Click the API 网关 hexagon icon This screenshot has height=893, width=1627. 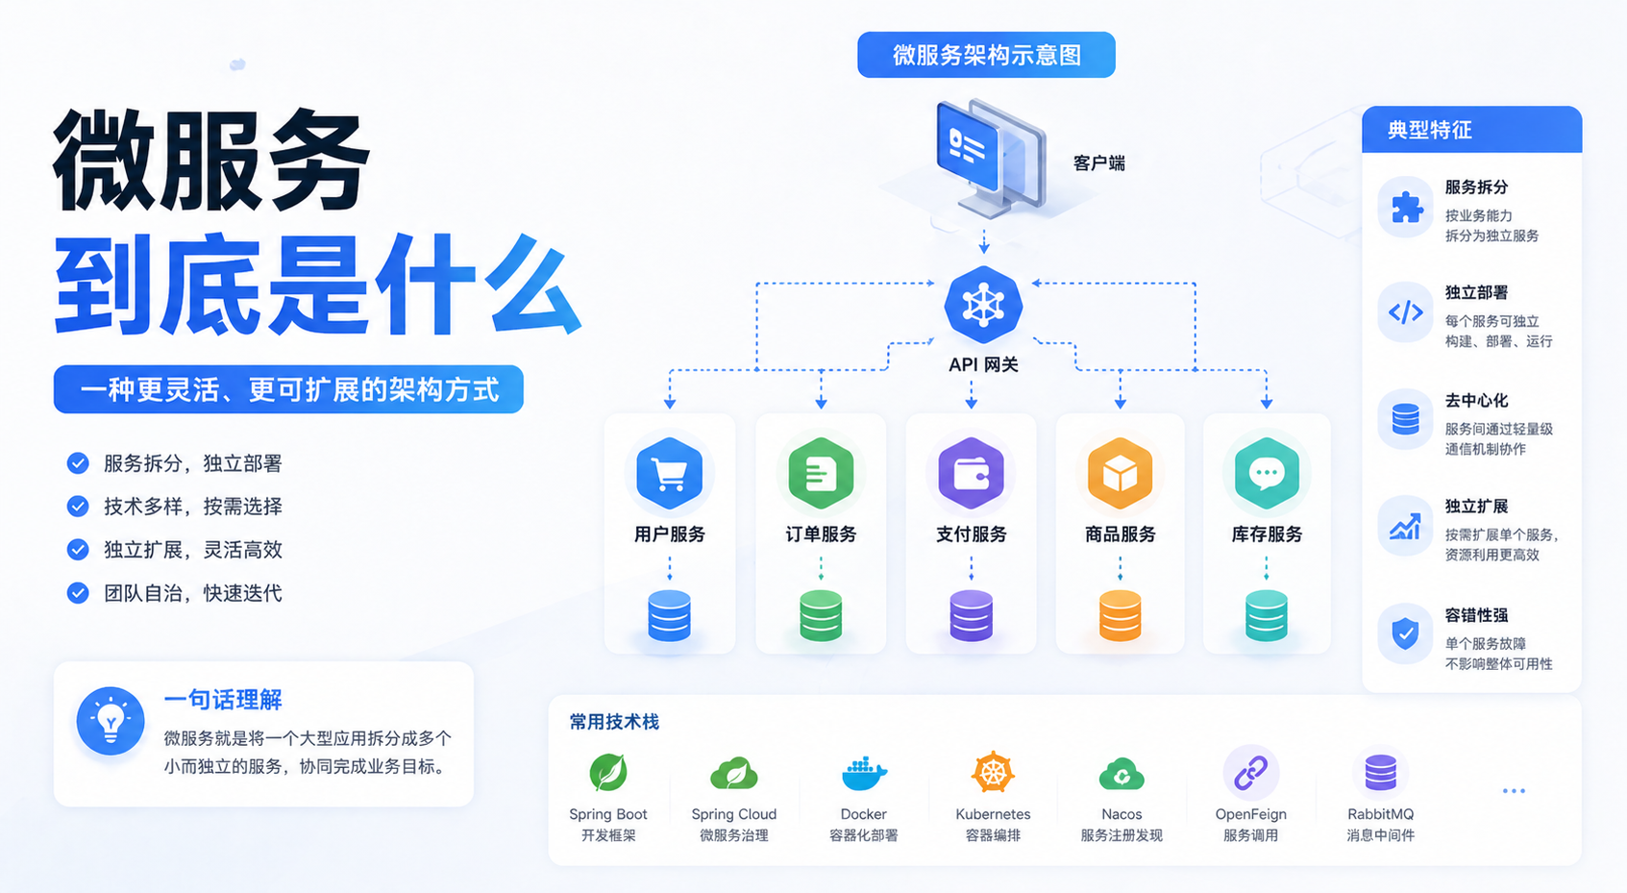coord(983,305)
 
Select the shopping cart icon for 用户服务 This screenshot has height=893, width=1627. coord(669,474)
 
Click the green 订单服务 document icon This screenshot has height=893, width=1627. coord(821,474)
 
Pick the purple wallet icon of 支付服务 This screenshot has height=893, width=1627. coord(972,474)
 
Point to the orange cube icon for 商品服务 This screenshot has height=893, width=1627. coord(1120,474)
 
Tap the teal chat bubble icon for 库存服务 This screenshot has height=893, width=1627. coord(1267,474)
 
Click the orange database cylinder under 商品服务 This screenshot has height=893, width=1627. coord(1120,615)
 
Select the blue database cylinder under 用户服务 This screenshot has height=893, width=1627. coord(669,615)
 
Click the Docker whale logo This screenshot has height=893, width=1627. coord(864,773)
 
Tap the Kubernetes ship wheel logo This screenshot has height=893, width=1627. coord(993,772)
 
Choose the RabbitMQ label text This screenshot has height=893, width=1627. coord(1381,814)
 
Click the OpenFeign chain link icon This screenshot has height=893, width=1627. coord(1250,772)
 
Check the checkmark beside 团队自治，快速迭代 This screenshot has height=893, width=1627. coord(78,593)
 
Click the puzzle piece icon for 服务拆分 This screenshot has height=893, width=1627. coord(1405,208)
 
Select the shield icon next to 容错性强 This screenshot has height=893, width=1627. coord(1405,633)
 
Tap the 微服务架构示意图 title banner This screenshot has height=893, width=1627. coord(986,55)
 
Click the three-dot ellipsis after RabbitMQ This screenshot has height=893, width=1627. coord(1514,790)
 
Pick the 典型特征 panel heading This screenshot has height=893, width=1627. coord(1429,130)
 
